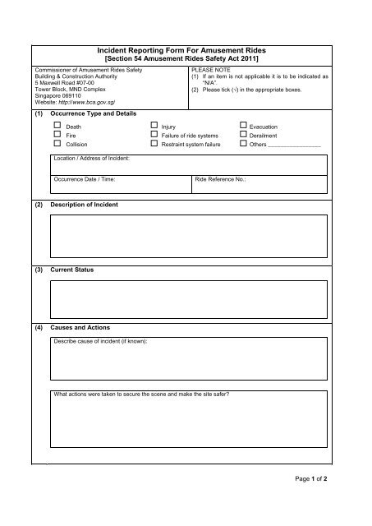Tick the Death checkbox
tap(57, 126)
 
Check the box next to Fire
tap(57, 134)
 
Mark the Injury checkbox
tap(154, 126)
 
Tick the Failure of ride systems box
tap(154, 134)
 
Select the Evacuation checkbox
tap(241, 126)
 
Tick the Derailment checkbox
tap(241, 134)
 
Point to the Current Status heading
tap(72, 270)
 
